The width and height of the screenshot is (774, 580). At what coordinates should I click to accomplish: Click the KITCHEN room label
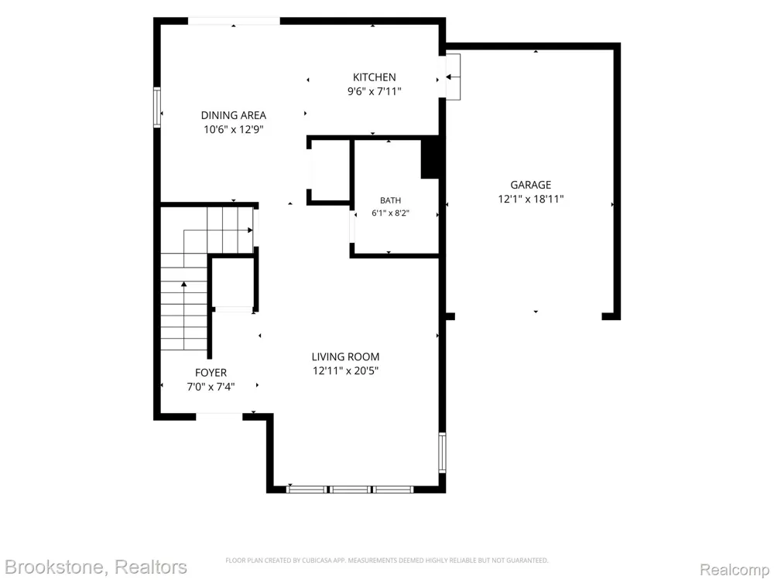coord(374,77)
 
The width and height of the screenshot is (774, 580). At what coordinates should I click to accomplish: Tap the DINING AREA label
coord(234,115)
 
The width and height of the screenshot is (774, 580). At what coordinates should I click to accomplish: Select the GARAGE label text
coord(531,185)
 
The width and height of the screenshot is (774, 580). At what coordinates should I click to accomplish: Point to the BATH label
coord(390,200)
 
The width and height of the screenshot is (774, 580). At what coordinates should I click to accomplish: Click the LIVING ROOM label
coord(345,357)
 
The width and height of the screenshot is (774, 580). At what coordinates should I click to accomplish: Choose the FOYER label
coord(211,373)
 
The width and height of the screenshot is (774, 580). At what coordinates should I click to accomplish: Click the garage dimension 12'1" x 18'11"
coord(531,200)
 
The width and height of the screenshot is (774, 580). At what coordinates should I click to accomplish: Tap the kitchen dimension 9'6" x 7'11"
coord(374,91)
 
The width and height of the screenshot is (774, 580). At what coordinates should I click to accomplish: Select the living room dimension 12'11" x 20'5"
coord(345,370)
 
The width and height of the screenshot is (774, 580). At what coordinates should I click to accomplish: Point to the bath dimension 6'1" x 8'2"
coord(390,213)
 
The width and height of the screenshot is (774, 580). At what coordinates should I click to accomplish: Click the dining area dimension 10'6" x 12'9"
coord(234,130)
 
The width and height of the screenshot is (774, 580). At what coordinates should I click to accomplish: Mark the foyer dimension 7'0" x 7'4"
coord(211,387)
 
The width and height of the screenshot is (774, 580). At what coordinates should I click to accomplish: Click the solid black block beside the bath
coord(430,159)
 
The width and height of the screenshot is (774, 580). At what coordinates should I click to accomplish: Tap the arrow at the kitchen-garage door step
coord(453,77)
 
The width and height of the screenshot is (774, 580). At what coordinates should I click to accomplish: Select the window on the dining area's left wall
coord(157,107)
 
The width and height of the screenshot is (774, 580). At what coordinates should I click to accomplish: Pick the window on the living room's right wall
coord(442,452)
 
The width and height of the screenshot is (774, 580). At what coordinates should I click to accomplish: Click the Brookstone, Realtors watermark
coord(96,567)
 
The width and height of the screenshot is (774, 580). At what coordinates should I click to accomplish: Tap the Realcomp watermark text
coord(735,570)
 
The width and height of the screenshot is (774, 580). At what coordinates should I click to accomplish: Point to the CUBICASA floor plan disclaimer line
coord(387,560)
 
